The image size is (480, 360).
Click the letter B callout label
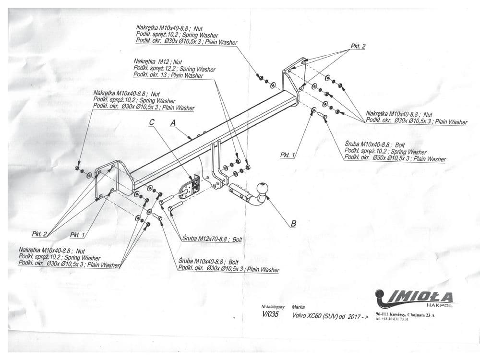point(294,223)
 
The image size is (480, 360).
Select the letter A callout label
point(173,123)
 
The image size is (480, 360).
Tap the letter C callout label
point(152,122)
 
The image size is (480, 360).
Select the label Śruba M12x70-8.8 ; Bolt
point(212,239)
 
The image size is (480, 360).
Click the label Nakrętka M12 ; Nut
point(158,62)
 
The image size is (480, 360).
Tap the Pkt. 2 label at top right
point(358,46)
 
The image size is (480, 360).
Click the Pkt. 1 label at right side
point(288,155)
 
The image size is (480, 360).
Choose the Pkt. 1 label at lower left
point(77,235)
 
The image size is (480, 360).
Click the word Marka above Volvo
point(298,306)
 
